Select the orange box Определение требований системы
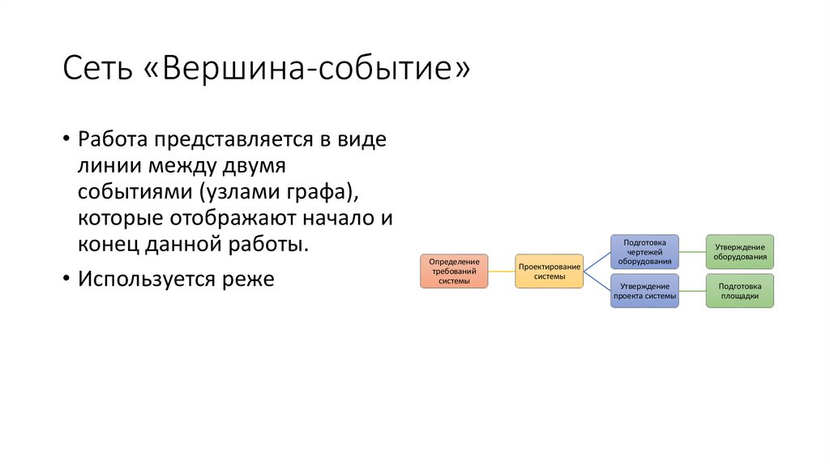[454, 271]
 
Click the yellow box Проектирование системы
[549, 271]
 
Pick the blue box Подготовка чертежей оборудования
[644, 251]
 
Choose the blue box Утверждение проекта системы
[644, 291]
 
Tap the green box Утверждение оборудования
[739, 251]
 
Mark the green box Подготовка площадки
[739, 291]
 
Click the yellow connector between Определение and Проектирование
[502, 271]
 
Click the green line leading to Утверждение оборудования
[692, 251]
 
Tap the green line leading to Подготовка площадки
[692, 291]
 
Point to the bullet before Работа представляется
[66, 139]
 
